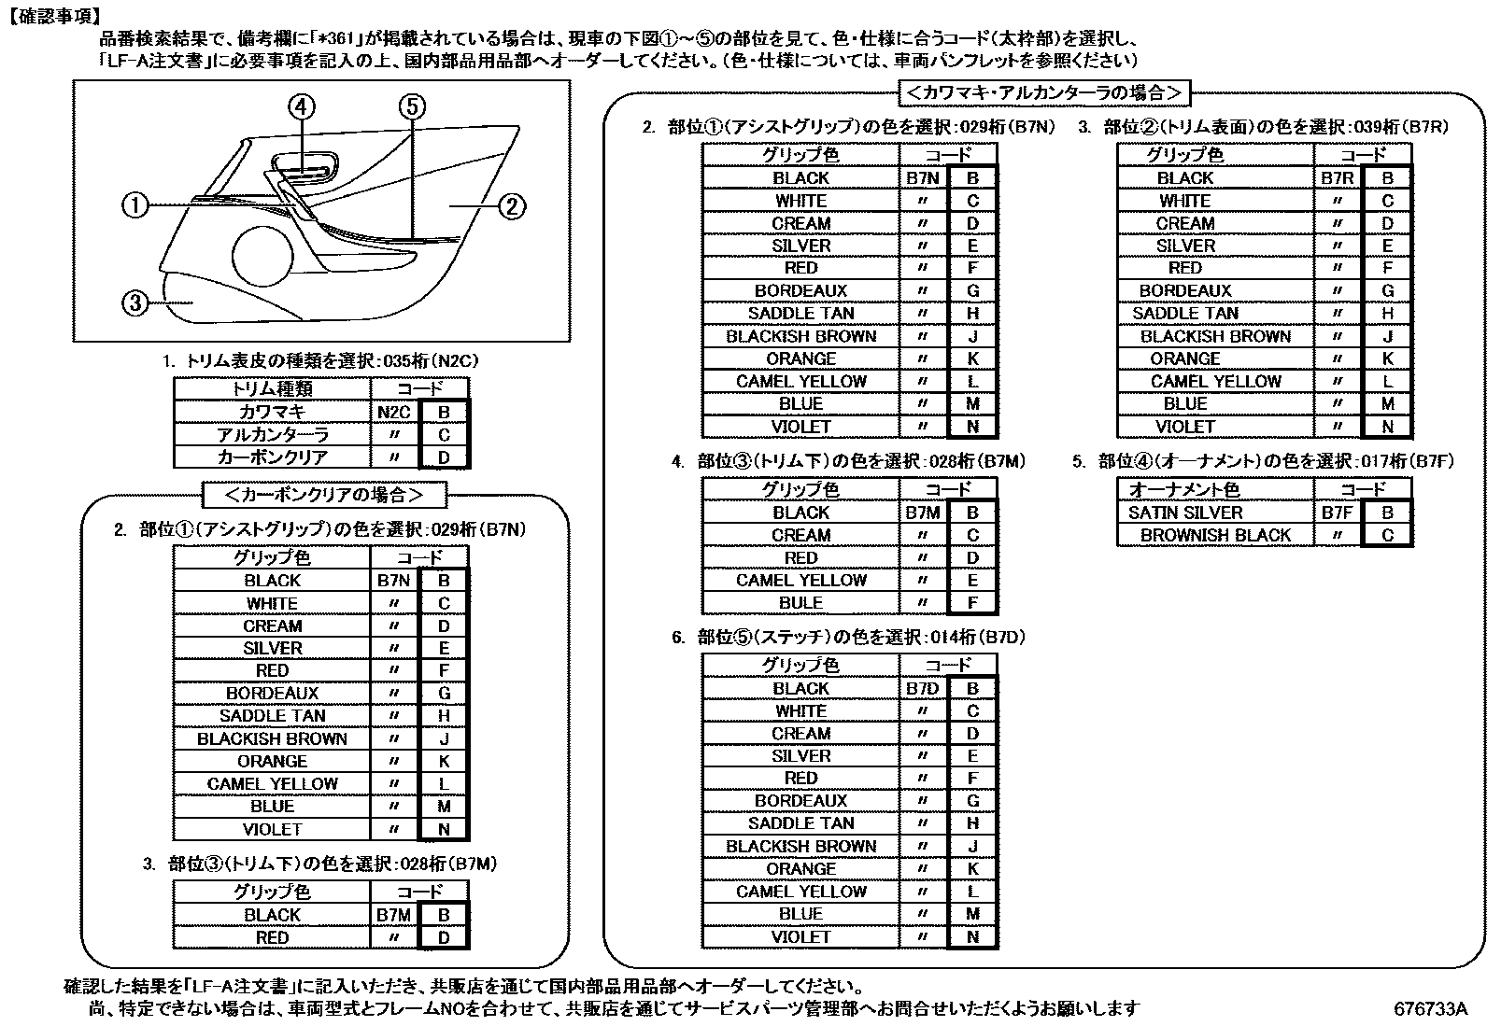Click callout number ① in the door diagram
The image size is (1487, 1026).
[x=136, y=204]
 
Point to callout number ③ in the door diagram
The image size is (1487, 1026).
[x=136, y=302]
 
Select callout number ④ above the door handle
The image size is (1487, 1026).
[x=302, y=107]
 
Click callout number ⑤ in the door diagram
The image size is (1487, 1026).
[x=413, y=107]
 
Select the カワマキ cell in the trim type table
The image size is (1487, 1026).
[x=272, y=412]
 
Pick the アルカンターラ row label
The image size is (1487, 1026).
[x=272, y=435]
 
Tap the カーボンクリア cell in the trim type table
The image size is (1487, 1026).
[x=272, y=457]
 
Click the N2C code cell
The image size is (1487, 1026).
[x=393, y=412]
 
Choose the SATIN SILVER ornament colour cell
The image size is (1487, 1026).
[x=1185, y=513]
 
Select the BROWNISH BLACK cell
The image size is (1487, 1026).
[x=1215, y=535]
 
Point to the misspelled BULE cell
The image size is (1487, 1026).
[x=800, y=603]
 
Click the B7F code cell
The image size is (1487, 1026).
[x=1337, y=513]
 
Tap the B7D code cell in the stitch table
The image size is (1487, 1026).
[x=922, y=689]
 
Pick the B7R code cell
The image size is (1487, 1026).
[x=1337, y=178]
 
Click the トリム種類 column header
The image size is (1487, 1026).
[x=272, y=389]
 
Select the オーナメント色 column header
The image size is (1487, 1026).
[x=1183, y=489]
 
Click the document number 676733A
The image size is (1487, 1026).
[x=1430, y=1009]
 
